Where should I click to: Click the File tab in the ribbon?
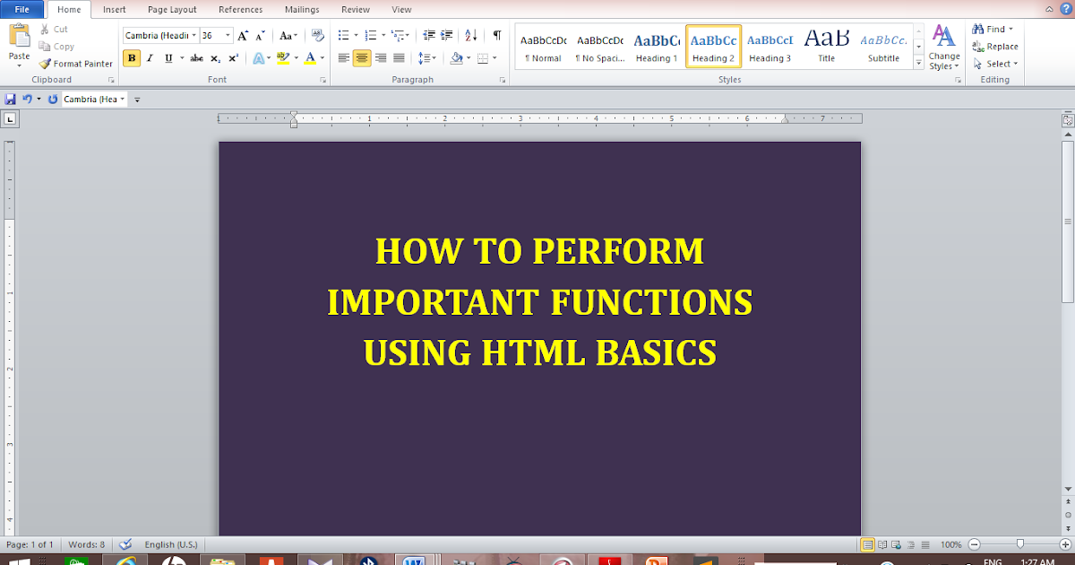(22, 10)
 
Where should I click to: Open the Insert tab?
(114, 10)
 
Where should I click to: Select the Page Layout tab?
(172, 10)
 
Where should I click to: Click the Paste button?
(19, 44)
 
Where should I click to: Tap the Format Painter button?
(76, 64)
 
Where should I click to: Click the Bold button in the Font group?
(132, 58)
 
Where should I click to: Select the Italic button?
(150, 58)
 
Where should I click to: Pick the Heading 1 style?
(657, 48)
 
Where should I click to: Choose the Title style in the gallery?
(826, 48)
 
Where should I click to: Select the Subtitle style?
(883, 48)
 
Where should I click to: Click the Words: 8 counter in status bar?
(87, 544)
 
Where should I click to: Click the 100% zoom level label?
(951, 544)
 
